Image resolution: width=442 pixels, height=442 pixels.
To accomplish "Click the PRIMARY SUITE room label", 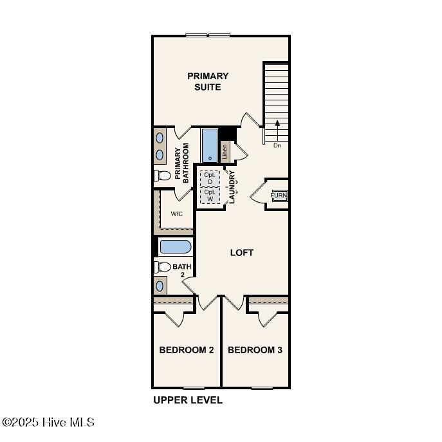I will click(x=208, y=82).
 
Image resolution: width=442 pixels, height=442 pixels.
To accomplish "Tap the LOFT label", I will click(x=242, y=253).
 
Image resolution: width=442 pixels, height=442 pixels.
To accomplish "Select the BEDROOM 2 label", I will click(x=187, y=350).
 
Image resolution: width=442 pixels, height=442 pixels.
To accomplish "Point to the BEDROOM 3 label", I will click(x=255, y=350).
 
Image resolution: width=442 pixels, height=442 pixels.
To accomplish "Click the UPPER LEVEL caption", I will click(x=188, y=400).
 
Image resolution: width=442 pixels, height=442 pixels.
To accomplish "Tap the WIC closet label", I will click(x=176, y=214).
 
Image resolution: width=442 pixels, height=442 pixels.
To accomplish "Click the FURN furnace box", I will click(x=279, y=196).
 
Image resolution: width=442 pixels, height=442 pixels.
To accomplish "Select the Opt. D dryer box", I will click(x=210, y=178).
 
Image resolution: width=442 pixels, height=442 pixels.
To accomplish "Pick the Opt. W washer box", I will click(x=210, y=195).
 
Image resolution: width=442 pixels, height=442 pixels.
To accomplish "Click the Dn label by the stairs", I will click(x=277, y=145).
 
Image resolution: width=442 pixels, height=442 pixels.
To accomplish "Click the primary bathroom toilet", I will click(x=162, y=175).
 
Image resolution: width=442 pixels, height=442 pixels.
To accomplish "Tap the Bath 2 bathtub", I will click(x=175, y=246).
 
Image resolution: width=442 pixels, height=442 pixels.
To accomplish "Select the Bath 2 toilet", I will click(x=162, y=266).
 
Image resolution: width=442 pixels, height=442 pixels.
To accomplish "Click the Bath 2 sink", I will click(x=160, y=286).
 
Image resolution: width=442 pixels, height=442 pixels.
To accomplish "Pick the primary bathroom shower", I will click(x=210, y=146).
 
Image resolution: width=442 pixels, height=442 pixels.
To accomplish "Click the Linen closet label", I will click(x=225, y=151).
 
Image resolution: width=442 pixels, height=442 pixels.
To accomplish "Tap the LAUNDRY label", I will click(x=232, y=187).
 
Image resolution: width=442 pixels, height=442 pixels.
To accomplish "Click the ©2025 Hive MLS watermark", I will click(x=48, y=423).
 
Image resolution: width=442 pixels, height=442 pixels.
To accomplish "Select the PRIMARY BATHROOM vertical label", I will click(x=182, y=164).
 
